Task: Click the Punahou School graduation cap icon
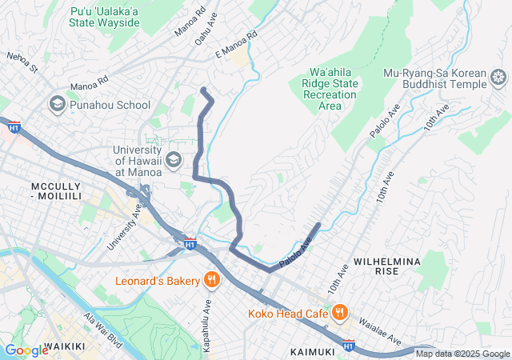tap(58, 105)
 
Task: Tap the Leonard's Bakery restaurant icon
tap(211, 280)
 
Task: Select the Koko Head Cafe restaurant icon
tap(339, 312)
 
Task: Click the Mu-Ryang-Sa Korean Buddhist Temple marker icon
tap(498, 78)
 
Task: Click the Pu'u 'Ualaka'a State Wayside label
tap(105, 16)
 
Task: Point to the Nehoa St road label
tap(22, 62)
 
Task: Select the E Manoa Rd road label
tap(237, 46)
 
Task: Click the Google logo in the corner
tap(26, 350)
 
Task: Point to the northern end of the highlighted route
tap(203, 89)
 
